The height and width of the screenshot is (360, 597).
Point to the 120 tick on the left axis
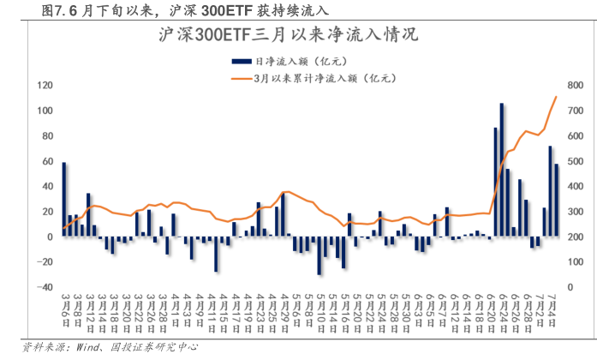tap(45, 86)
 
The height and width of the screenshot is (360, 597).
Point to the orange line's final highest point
tap(557, 97)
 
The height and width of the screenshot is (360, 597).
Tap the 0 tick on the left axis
tap(51, 237)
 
